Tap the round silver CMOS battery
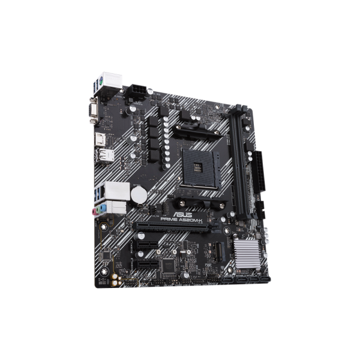[139, 193]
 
